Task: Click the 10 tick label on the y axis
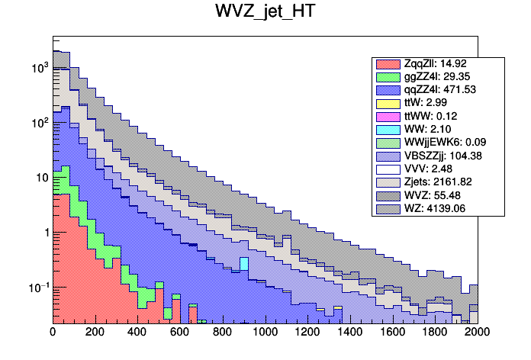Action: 41,178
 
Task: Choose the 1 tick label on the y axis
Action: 44,233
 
